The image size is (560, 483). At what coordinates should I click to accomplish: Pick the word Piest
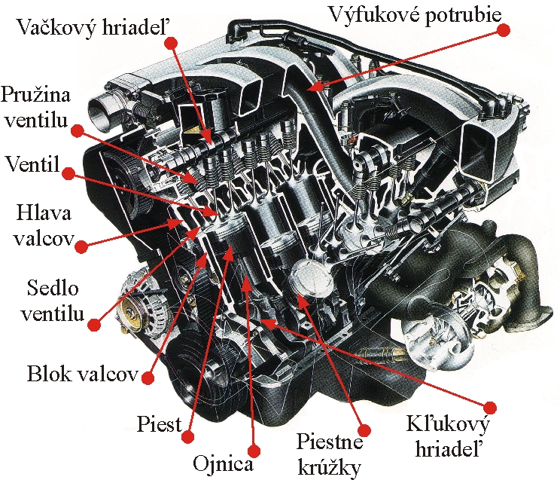tap(160, 424)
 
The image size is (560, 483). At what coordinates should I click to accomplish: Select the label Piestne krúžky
tap(330, 454)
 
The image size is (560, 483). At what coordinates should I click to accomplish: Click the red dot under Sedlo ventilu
tap(94, 326)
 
